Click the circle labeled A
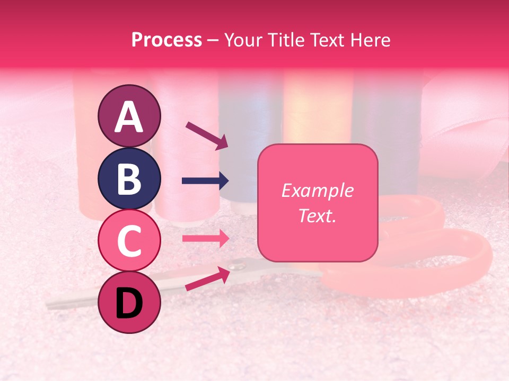(x=129, y=116)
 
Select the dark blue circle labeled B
(x=129, y=178)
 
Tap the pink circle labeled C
(x=129, y=240)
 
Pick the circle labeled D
(x=129, y=302)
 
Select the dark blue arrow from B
(x=205, y=181)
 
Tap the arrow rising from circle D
(x=207, y=278)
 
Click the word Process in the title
(x=166, y=40)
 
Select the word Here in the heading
(x=372, y=40)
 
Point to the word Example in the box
(x=317, y=190)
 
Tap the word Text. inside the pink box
(x=317, y=216)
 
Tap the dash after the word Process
(x=213, y=40)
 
